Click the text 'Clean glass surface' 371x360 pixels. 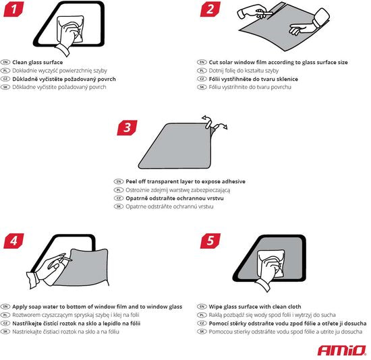point(37,62)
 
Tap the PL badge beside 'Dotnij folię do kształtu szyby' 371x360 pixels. point(202,71)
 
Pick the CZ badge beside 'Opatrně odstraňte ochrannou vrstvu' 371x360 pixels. point(119,198)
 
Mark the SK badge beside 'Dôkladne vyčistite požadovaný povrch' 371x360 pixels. point(6,87)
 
